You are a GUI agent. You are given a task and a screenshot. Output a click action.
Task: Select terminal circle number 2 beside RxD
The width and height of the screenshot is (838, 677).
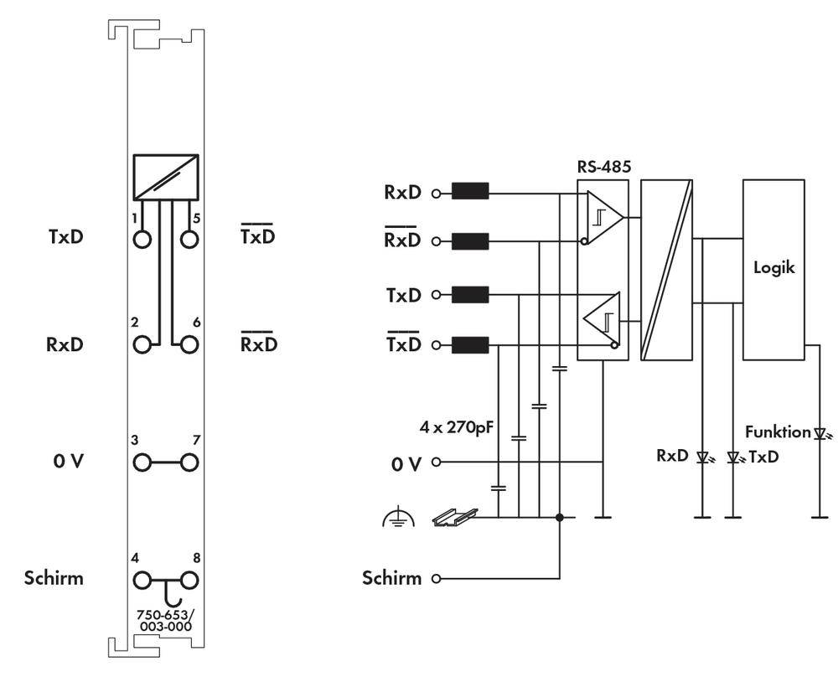tap(142, 344)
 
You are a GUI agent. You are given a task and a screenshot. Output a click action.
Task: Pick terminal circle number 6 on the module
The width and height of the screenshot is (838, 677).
tap(190, 344)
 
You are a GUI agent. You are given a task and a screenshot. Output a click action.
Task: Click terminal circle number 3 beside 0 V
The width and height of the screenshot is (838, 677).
tap(142, 462)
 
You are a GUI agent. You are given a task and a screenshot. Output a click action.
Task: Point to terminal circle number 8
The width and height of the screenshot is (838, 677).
tap(190, 578)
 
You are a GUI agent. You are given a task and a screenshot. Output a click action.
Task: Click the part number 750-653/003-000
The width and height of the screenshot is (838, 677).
tap(165, 618)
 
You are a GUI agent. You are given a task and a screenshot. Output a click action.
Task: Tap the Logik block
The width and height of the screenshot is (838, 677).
tap(773, 270)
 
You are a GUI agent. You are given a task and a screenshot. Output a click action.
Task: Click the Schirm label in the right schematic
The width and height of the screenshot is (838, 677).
tap(391, 578)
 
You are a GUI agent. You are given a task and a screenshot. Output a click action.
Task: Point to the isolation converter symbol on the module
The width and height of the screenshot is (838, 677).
tap(165, 177)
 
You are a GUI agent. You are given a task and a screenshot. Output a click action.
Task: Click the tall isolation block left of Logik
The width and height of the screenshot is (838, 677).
tap(666, 270)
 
